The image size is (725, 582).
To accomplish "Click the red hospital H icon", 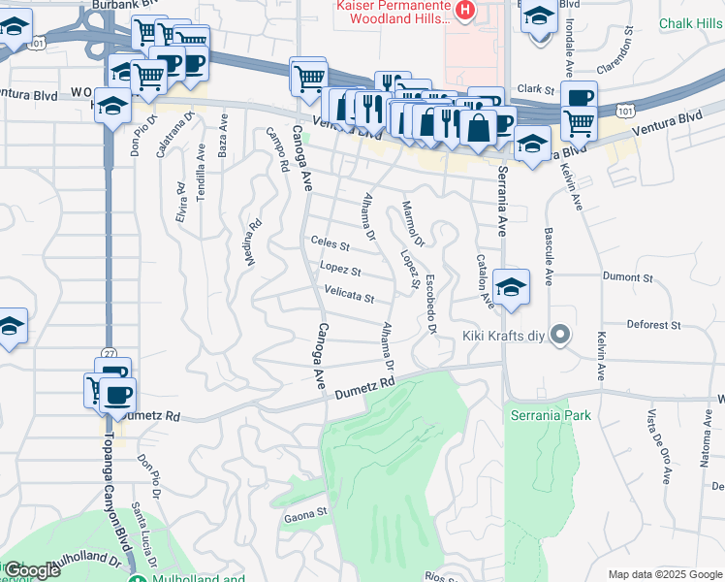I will point(465,11).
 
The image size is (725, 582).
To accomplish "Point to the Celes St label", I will point(330,243).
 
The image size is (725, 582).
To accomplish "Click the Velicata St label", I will point(349,297).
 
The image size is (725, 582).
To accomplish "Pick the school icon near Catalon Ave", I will point(511,287).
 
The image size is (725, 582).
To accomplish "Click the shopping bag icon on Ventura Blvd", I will point(478,127).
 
